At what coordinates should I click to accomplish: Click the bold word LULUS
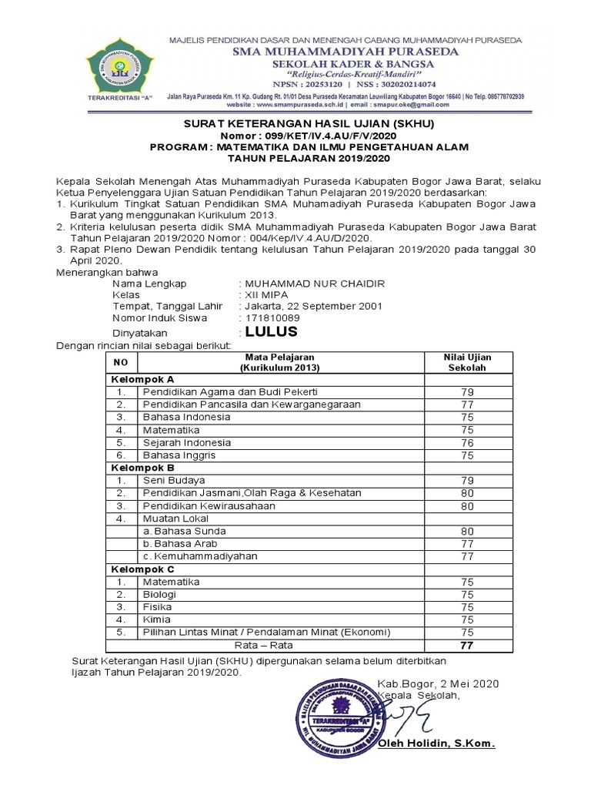click(x=272, y=332)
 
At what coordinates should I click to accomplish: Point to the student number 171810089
click(x=272, y=317)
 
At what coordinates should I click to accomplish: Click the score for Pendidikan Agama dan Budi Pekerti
click(x=467, y=392)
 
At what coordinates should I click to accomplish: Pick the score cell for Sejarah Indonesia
click(x=467, y=442)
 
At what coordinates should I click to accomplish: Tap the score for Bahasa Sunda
click(x=467, y=531)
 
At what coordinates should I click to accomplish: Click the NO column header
click(x=120, y=362)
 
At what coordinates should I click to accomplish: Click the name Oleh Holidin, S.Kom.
click(x=436, y=744)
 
